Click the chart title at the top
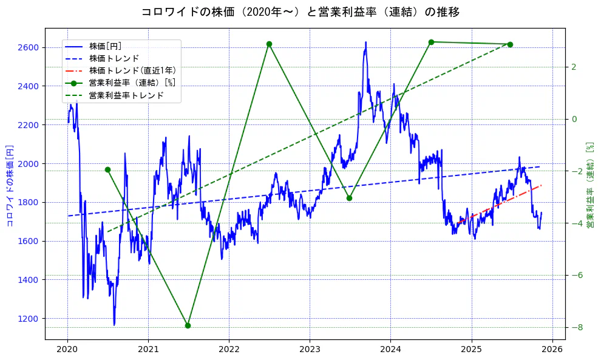tap(300, 12)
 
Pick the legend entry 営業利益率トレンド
tap(126, 95)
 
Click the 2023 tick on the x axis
tap(310, 350)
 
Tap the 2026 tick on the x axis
tap(552, 350)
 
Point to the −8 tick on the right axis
tap(578, 327)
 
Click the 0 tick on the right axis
tap(574, 119)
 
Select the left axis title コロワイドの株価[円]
tap(10, 185)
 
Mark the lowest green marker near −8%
tap(188, 325)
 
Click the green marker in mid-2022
tap(269, 44)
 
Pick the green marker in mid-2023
tap(349, 198)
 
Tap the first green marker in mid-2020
tap(107, 169)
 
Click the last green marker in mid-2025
tap(510, 44)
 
